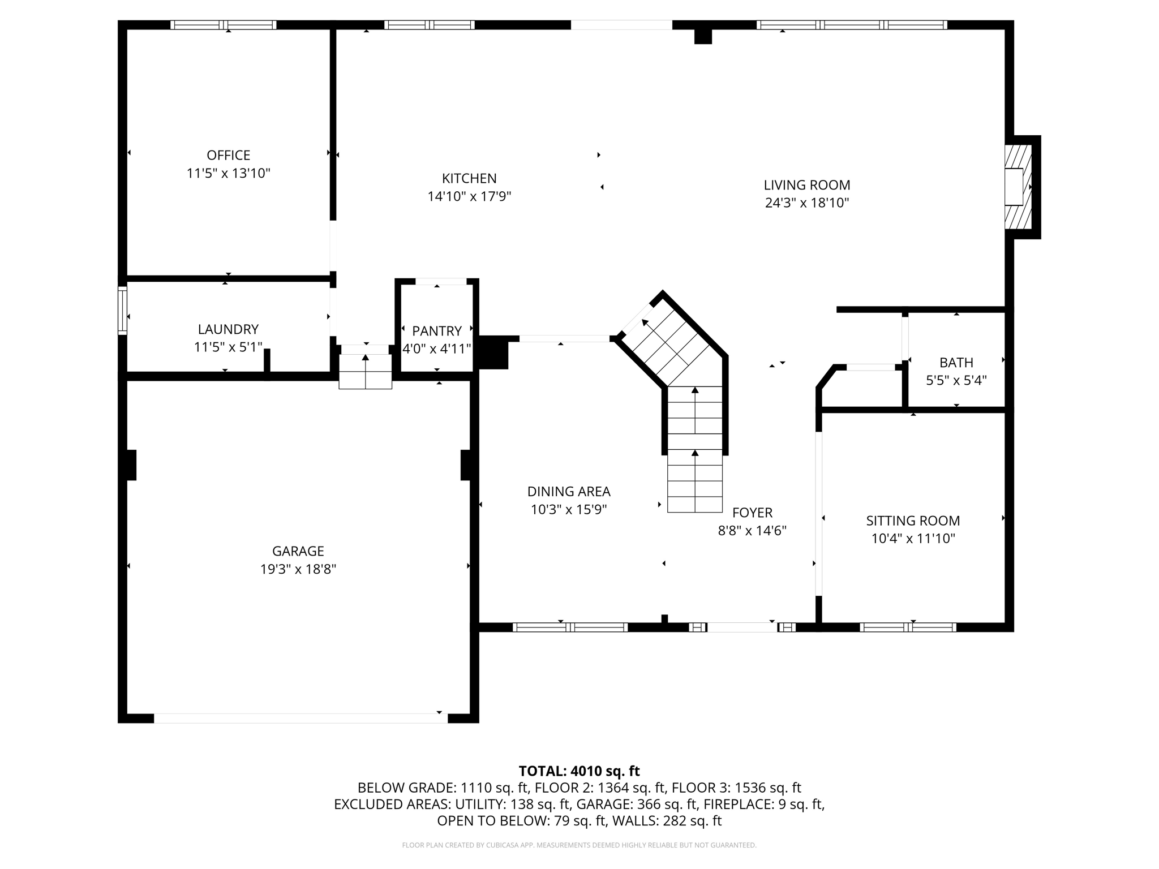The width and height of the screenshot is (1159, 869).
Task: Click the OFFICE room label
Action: (228, 155)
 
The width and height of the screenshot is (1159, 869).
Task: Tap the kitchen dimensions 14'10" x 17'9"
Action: (469, 196)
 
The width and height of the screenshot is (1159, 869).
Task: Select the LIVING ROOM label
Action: (807, 185)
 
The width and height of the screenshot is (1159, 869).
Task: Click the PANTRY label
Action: (436, 331)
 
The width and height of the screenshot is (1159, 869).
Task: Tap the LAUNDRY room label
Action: (228, 329)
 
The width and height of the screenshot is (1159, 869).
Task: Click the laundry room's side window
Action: (122, 311)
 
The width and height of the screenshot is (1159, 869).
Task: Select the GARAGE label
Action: (298, 551)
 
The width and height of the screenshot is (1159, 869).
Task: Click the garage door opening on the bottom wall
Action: (301, 718)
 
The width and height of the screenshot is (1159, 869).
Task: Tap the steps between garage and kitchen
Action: (365, 371)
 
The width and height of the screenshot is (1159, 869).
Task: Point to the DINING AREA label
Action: (569, 492)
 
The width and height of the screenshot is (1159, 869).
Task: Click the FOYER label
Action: (752, 513)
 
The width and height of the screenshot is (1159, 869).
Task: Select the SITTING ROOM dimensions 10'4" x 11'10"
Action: (913, 539)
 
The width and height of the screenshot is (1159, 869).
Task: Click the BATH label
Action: (956, 363)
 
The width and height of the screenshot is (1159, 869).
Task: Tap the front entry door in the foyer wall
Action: (742, 627)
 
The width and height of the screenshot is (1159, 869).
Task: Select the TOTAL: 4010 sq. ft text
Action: (579, 771)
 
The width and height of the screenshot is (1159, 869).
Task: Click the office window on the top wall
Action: (224, 25)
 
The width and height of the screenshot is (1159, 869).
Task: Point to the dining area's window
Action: (570, 627)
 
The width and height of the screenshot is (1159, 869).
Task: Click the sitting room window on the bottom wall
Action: (908, 627)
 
